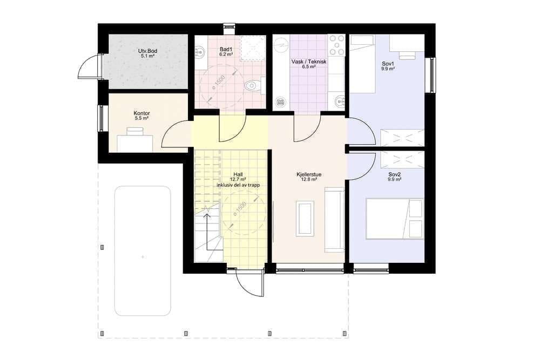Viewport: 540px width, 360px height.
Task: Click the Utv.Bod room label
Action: click(x=147, y=51)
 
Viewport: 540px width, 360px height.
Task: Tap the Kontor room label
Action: click(x=141, y=113)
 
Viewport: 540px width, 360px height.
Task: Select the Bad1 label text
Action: click(x=226, y=49)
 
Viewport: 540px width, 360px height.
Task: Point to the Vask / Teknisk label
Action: click(x=309, y=62)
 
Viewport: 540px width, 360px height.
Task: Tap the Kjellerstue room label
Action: click(x=309, y=174)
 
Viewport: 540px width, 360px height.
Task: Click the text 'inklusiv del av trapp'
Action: click(x=238, y=185)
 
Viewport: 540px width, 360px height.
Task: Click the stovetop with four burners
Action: click(x=337, y=45)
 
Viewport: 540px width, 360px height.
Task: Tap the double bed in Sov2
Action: click(x=395, y=219)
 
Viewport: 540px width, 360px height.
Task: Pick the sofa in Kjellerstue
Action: click(x=334, y=220)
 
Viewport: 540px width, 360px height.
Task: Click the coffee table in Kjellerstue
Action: click(x=305, y=219)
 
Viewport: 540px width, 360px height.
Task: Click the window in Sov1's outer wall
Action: click(x=430, y=75)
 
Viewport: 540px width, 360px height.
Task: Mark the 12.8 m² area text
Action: click(x=309, y=179)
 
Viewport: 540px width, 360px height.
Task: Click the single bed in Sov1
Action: click(x=362, y=64)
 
